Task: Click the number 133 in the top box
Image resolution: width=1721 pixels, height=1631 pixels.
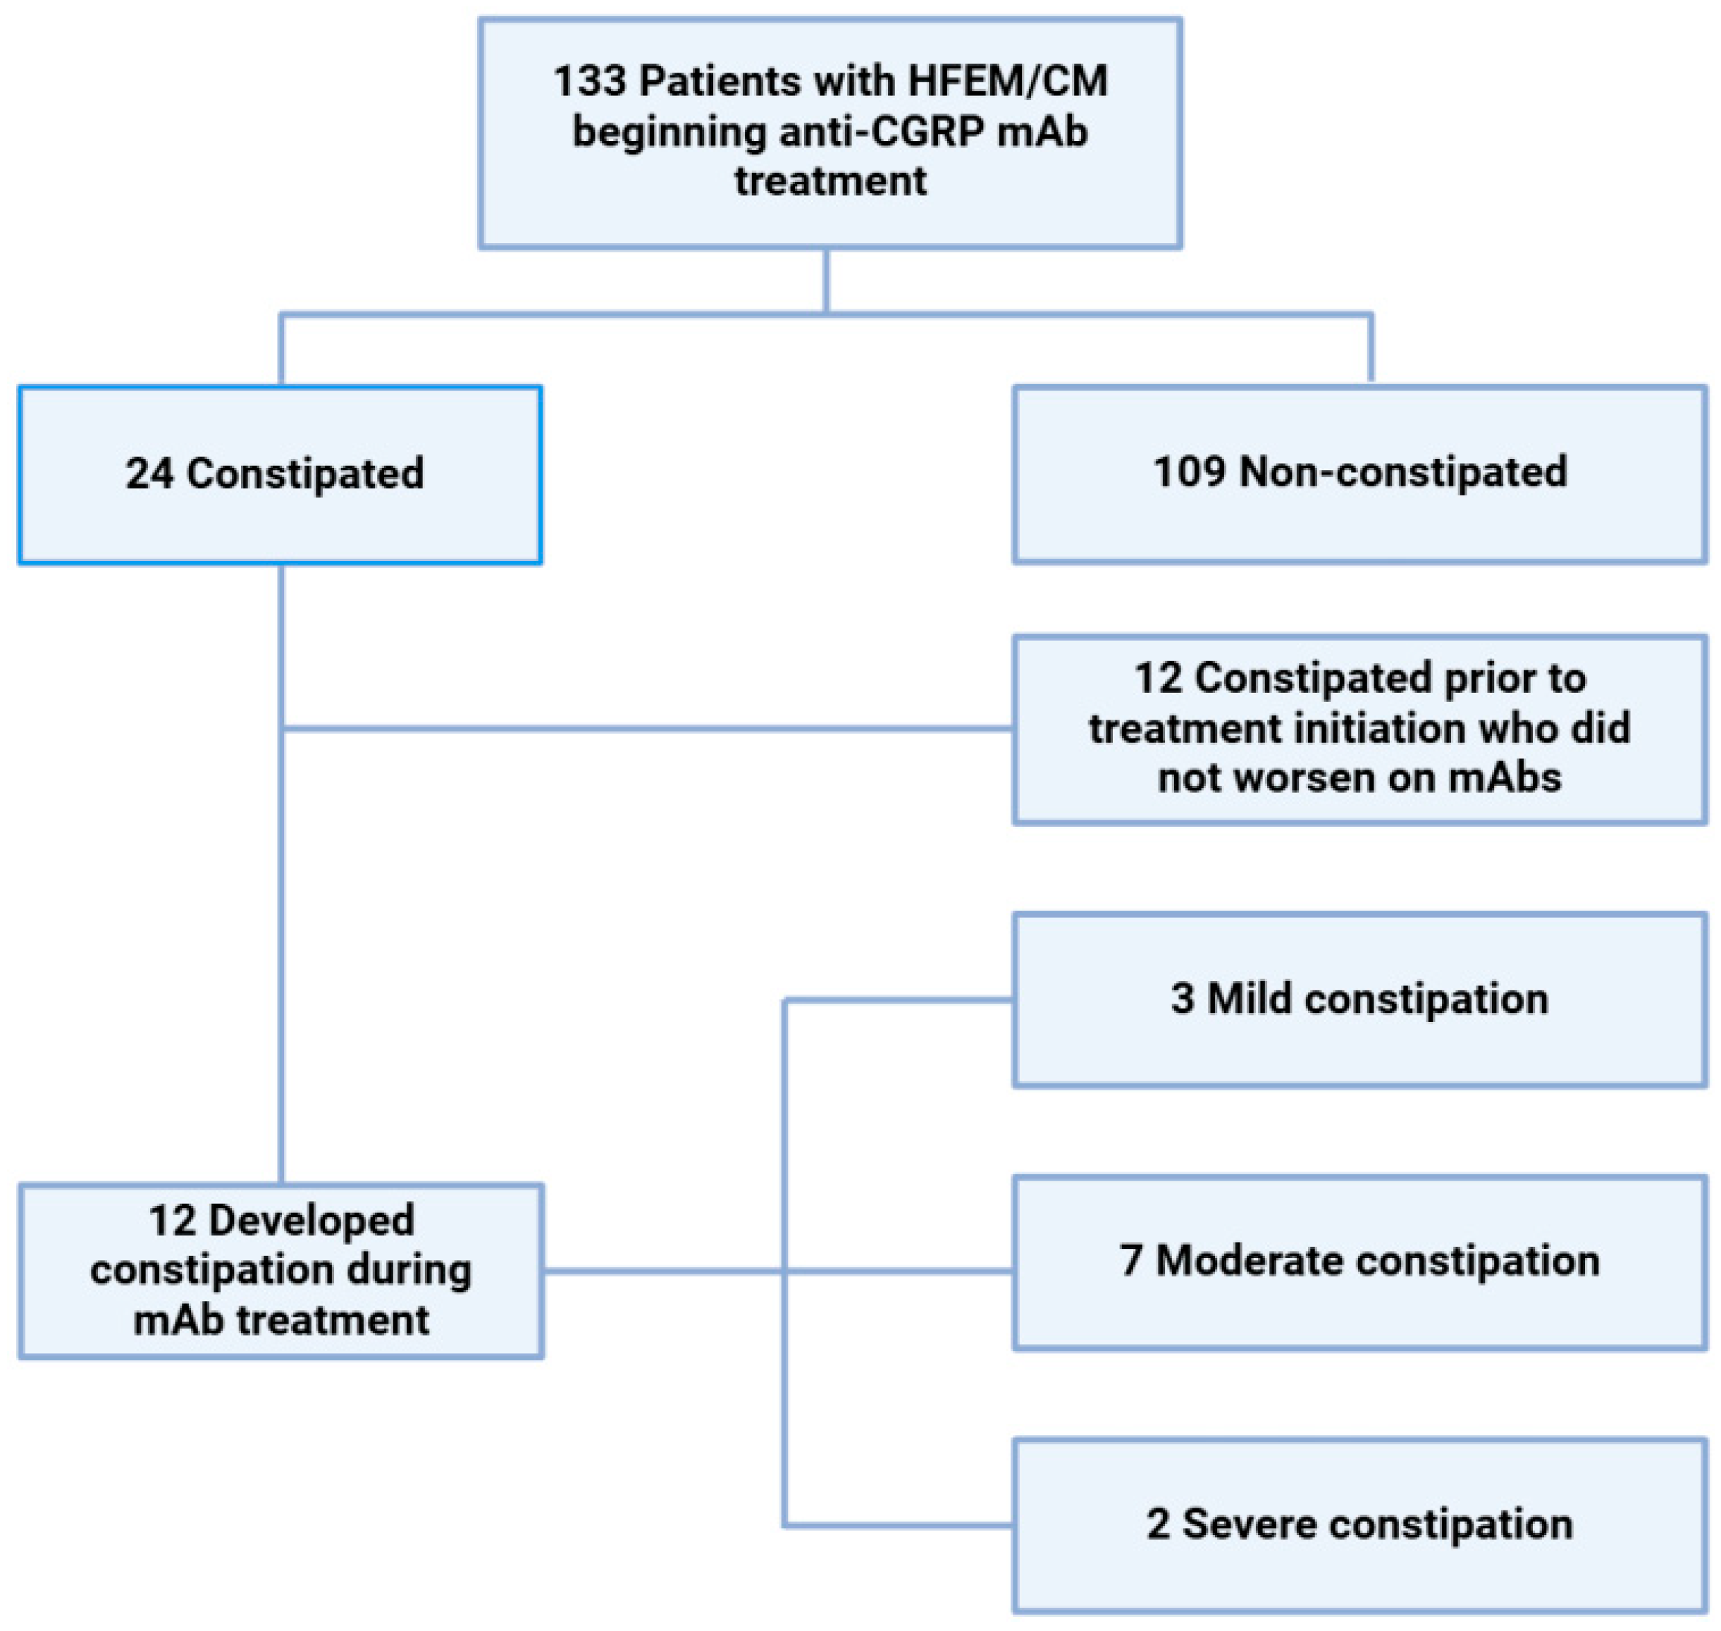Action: point(588,82)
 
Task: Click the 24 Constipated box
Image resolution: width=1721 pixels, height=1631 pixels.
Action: point(280,474)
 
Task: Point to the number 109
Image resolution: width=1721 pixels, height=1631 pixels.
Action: point(1188,472)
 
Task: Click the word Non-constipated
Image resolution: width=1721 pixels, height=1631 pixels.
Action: point(1402,472)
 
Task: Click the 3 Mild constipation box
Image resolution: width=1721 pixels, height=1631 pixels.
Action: point(1359,999)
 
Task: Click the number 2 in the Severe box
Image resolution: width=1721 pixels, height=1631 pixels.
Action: point(1157,1524)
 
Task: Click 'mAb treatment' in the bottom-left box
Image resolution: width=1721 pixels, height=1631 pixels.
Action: point(280,1319)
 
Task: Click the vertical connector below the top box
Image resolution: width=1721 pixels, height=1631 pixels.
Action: point(826,280)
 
